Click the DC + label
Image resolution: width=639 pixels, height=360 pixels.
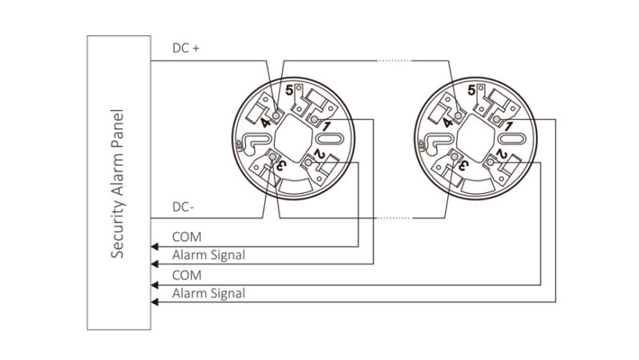[x=186, y=48]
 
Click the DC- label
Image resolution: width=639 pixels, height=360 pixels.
[x=184, y=207]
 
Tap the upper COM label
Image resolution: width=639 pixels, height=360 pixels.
[x=187, y=237]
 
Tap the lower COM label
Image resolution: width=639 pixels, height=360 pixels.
[x=187, y=275]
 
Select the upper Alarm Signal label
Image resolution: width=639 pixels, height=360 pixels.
[x=208, y=255]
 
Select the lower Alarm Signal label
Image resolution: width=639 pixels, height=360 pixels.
[x=208, y=293]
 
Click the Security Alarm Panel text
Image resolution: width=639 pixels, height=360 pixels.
[x=117, y=184]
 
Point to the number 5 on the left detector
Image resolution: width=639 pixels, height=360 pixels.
[x=289, y=90]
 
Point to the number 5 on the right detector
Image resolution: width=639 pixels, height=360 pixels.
[x=471, y=90]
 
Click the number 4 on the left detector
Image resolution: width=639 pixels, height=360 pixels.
[x=266, y=122]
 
